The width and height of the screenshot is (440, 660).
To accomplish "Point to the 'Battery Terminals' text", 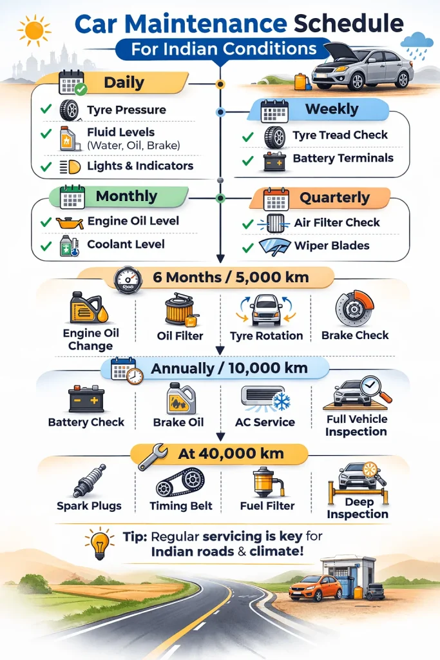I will (343, 158).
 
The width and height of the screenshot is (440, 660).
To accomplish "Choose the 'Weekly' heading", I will (331, 109).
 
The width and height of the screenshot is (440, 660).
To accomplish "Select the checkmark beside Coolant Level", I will (45, 245).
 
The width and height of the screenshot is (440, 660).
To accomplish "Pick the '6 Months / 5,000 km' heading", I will (231, 278).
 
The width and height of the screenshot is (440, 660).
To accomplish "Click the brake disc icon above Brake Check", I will (354, 309).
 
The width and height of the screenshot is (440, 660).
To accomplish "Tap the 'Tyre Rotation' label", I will (266, 336).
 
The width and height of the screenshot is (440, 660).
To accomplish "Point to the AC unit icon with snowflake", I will (265, 399).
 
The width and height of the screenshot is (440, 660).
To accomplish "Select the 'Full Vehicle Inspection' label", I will (356, 425).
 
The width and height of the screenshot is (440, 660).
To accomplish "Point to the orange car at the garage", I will (315, 588).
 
